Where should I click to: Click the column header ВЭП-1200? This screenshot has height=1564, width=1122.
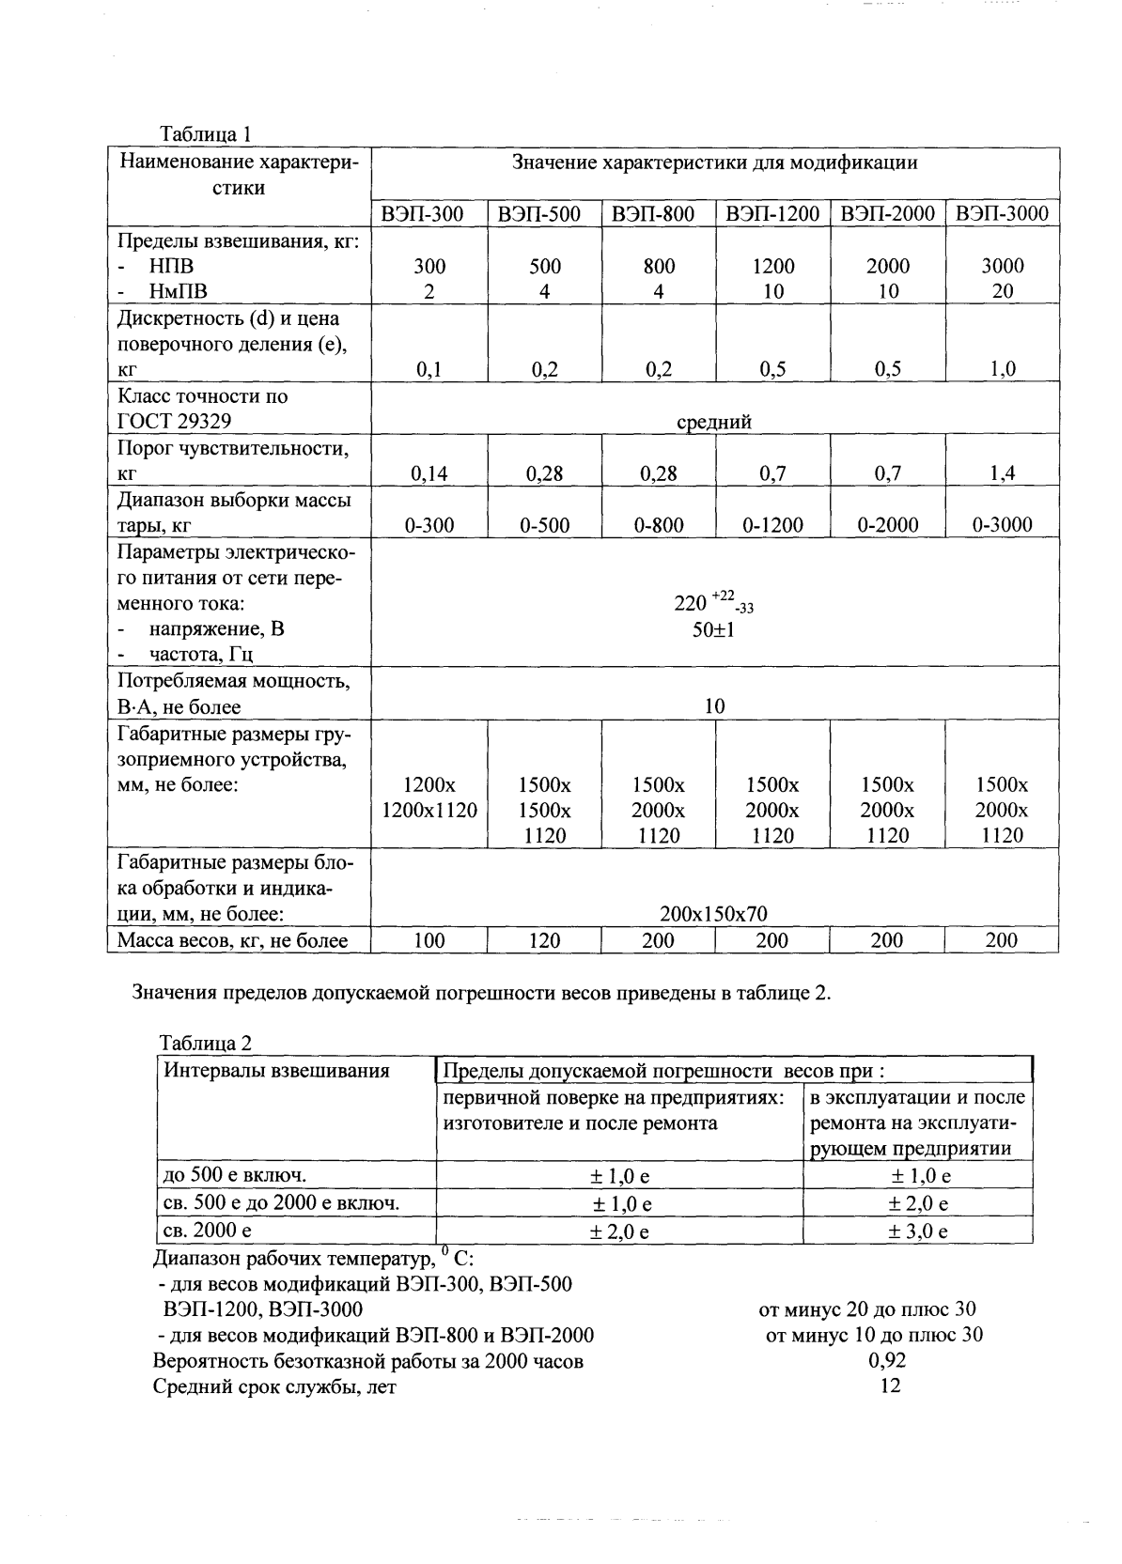pos(772,214)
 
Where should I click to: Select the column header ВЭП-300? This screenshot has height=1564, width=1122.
pos(429,214)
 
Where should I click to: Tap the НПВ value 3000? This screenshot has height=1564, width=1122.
pos(1003,266)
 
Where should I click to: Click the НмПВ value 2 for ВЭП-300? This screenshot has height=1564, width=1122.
pos(429,291)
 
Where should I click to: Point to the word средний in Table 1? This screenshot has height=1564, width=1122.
pos(714,423)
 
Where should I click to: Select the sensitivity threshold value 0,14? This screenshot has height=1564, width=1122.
pos(429,473)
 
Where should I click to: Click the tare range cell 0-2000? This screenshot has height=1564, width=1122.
pos(887,525)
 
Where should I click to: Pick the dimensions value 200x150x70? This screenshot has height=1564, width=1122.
pos(714,913)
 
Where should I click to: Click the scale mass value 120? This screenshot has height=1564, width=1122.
pos(544,940)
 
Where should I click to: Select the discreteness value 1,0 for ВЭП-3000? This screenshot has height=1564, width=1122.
pos(1003,369)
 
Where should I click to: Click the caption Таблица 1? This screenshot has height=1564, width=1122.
pos(206,134)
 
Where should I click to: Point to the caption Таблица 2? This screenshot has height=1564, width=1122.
pos(206,1043)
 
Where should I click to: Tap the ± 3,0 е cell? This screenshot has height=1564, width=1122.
pos(918,1231)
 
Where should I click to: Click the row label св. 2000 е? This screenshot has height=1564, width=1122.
pos(208,1230)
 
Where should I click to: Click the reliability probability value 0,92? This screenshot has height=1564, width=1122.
pos(887,1360)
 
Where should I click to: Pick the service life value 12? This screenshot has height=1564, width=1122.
pos(889,1386)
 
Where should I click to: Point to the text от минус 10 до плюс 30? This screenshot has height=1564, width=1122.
pos(875,1335)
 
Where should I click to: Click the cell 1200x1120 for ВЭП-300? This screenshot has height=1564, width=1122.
pos(429,810)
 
